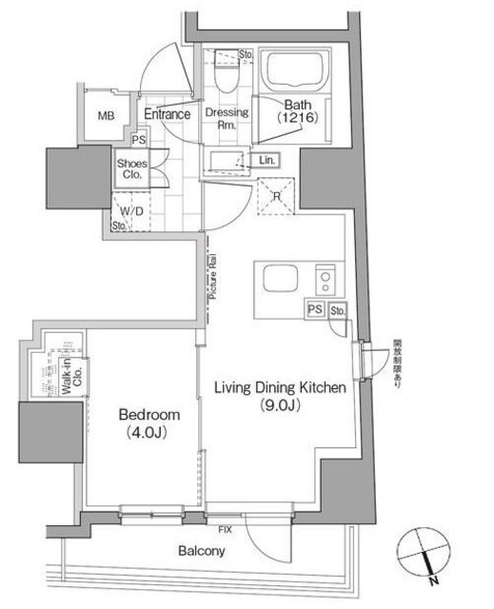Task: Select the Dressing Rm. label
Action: click(x=227, y=119)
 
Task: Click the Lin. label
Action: click(x=267, y=161)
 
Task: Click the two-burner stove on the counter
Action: click(x=326, y=282)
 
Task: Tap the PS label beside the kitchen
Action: click(x=314, y=309)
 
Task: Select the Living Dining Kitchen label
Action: click(x=278, y=388)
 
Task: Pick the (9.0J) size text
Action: click(x=279, y=406)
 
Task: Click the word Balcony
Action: click(x=199, y=551)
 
